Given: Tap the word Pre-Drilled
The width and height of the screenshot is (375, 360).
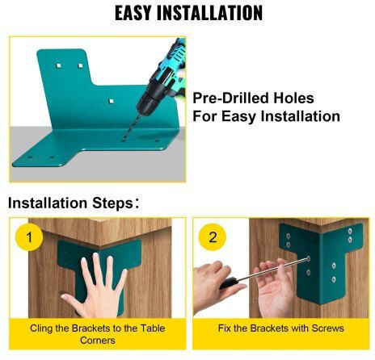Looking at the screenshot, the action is coord(230,98).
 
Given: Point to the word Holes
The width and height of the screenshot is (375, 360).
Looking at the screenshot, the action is coord(293,98).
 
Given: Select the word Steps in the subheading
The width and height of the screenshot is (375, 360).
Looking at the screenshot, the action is coord(112,203).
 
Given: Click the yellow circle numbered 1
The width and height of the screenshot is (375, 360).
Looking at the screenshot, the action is coord(29,237).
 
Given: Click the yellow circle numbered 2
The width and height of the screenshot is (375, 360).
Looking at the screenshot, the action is coord(213,237).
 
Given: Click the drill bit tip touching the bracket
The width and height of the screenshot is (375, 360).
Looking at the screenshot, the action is coord(124,139).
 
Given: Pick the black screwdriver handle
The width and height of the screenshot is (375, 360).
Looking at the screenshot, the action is coord(229,283).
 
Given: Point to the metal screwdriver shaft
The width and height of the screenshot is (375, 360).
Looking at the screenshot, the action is coord(273,268).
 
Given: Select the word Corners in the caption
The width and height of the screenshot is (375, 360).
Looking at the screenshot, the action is coord(98,341).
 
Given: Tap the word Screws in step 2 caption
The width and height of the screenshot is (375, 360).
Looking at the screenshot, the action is coord(327,329).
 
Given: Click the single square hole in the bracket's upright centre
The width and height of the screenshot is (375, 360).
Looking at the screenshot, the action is coord(111,101).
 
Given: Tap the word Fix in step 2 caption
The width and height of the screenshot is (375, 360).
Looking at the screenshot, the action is coord(224,329).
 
